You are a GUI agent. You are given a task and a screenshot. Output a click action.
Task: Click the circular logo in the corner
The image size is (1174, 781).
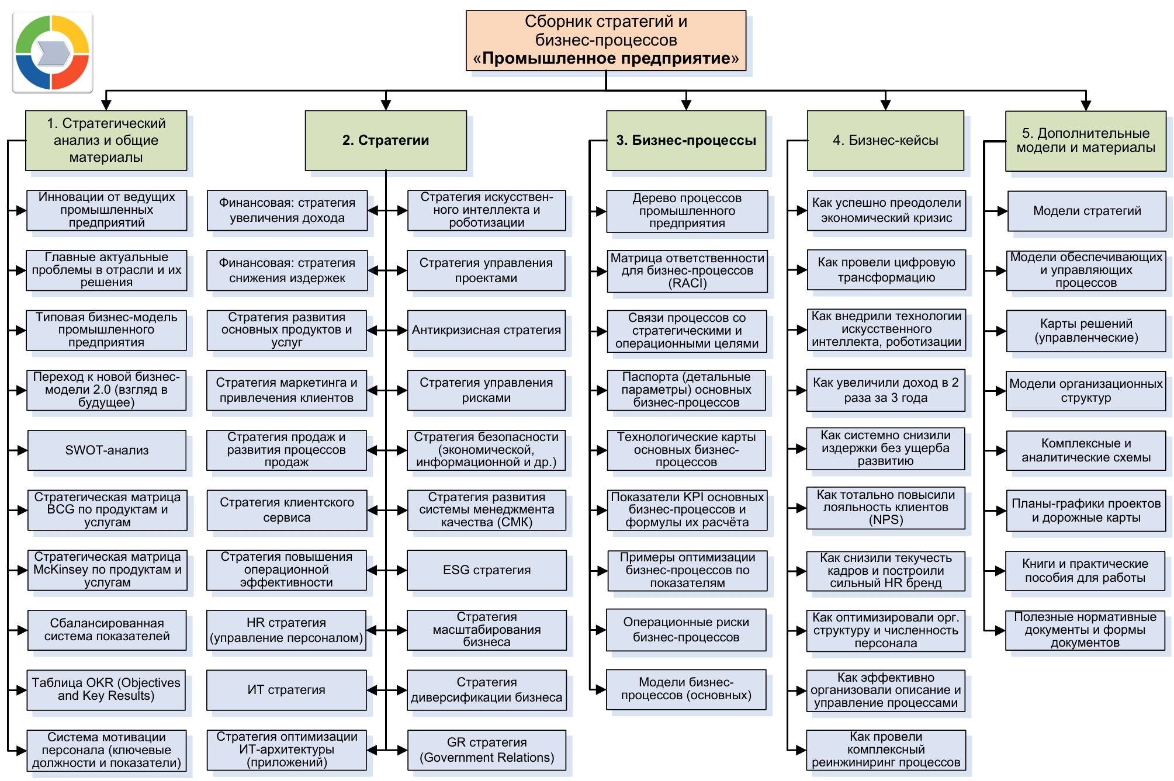coord(52,53)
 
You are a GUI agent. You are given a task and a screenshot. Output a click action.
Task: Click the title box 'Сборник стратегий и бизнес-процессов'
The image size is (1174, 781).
coord(605,40)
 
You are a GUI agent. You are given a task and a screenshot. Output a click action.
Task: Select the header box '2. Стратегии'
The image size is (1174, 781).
coord(386,140)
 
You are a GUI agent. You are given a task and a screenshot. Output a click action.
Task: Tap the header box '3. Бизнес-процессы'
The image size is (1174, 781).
coord(686,140)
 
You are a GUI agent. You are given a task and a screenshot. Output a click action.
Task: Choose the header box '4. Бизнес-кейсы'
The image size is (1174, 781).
coord(885,140)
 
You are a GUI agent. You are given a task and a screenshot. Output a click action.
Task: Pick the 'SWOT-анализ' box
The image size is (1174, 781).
coord(107,450)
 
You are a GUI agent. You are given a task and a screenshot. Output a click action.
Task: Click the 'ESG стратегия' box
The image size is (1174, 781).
coord(487,570)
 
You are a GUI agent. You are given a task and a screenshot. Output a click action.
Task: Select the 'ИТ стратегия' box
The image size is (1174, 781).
coord(286,690)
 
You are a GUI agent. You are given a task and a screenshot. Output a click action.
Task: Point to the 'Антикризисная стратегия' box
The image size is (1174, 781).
coord(486,330)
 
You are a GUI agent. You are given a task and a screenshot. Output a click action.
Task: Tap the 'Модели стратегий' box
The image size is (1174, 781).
coord(1086,211)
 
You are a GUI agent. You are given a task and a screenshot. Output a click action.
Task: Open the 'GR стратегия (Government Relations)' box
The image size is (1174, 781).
coord(487,750)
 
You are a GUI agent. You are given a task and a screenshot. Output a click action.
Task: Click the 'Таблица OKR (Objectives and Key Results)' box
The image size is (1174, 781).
coord(106,690)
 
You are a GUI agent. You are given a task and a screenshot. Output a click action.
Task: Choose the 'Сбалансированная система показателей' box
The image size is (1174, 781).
coord(107,630)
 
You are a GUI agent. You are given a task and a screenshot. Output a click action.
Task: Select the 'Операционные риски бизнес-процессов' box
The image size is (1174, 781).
coord(686,630)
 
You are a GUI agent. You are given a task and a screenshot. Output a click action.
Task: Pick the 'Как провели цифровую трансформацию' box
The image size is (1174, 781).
coord(886,270)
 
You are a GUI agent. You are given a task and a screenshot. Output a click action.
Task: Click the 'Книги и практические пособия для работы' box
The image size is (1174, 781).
coord(1085,571)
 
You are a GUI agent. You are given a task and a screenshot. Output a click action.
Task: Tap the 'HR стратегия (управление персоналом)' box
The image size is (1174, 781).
coord(286,630)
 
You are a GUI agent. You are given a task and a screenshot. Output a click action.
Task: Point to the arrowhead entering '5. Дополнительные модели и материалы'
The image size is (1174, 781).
coord(1086,105)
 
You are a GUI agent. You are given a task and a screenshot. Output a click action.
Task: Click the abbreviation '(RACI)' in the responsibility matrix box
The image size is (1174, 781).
coord(687,283)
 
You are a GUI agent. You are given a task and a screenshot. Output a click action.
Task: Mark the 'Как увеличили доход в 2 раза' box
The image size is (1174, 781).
coord(885,390)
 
